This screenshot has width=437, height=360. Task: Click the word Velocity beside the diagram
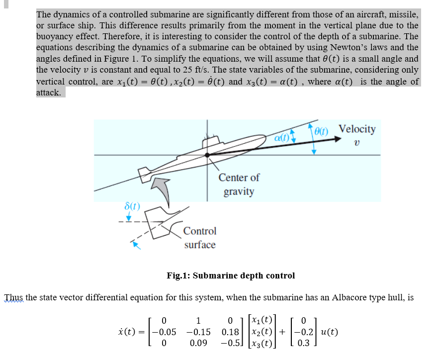(x=357, y=129)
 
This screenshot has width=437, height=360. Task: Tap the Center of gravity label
(x=239, y=184)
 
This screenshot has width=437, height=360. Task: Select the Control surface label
(x=199, y=238)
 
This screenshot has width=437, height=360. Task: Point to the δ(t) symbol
(x=132, y=205)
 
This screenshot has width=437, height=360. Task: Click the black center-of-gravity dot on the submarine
(x=207, y=155)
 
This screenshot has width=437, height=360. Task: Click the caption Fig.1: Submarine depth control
(x=231, y=275)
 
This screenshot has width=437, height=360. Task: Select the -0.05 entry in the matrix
(x=164, y=332)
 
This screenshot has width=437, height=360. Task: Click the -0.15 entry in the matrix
(x=198, y=332)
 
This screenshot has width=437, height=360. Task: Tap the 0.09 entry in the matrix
(x=198, y=343)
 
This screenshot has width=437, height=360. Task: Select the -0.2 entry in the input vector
(x=305, y=332)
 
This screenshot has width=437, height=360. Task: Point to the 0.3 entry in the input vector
(x=305, y=343)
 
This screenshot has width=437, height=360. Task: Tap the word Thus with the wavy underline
(x=13, y=298)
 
